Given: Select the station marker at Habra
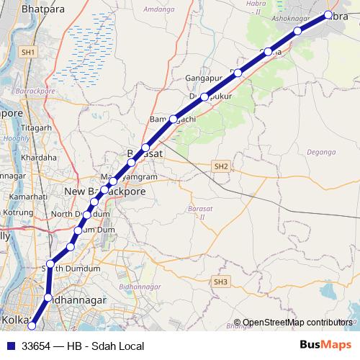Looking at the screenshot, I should (328, 15).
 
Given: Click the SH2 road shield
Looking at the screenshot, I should (220, 166).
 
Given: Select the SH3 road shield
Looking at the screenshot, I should (220, 281).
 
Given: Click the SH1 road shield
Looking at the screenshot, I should (28, 53).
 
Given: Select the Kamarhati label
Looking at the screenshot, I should (19, 196).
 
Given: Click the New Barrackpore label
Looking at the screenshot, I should (104, 192).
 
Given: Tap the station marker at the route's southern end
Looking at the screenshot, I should (31, 326).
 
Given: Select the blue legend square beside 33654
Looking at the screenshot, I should (9, 346).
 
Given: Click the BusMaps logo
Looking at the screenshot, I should (325, 346).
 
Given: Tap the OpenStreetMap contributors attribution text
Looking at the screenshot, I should (297, 323).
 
